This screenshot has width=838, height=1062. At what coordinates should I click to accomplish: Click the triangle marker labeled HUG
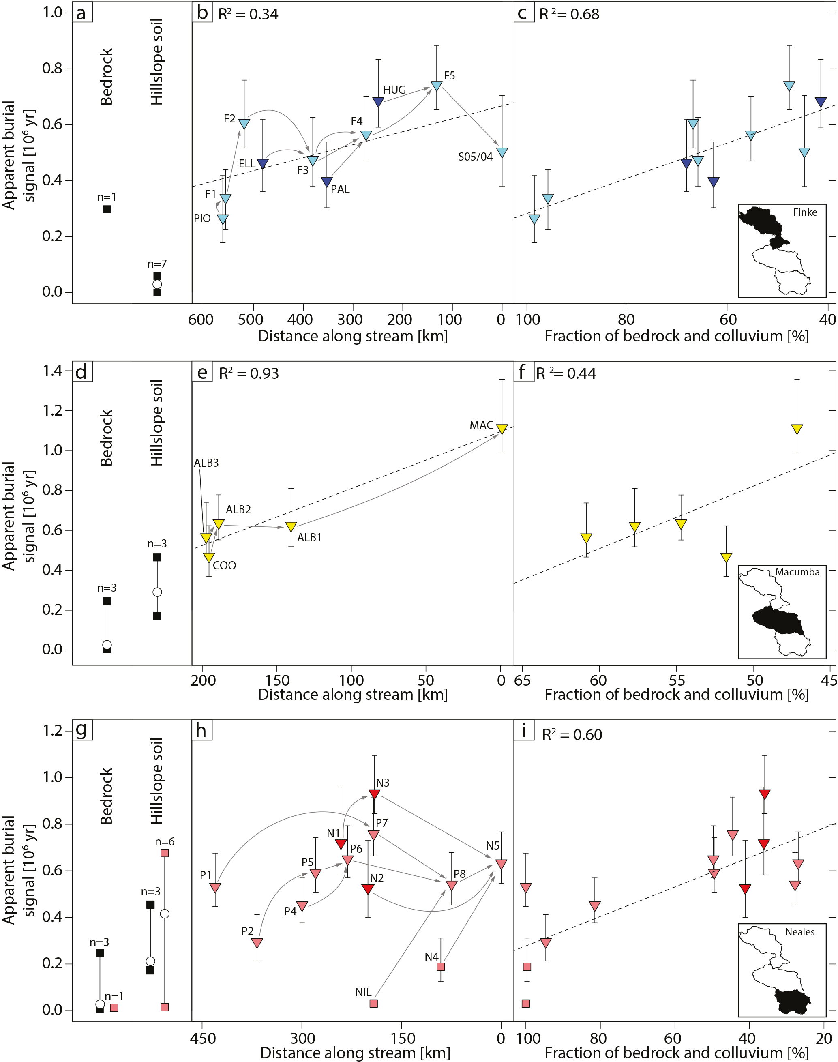click(x=378, y=102)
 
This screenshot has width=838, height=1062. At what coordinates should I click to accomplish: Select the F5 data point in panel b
click(x=436, y=86)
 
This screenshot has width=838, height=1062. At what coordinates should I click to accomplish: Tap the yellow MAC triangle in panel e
click(x=502, y=429)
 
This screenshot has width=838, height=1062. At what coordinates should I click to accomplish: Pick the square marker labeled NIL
click(x=373, y=1004)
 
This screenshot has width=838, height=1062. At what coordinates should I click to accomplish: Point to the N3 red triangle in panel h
click(x=374, y=794)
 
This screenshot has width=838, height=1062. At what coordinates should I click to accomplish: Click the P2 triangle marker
click(x=257, y=943)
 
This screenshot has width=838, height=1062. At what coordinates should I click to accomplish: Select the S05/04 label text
click(x=475, y=157)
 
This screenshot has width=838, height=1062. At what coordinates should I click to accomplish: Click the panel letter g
click(x=81, y=730)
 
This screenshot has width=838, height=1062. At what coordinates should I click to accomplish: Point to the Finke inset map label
click(x=805, y=212)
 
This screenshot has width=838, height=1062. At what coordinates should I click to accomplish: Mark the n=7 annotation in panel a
click(x=157, y=264)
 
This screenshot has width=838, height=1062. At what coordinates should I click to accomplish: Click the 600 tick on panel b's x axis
click(x=201, y=320)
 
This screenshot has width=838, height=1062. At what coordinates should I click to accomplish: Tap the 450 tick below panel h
click(x=203, y=1038)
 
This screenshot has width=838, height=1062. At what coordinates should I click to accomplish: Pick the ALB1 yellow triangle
click(x=291, y=527)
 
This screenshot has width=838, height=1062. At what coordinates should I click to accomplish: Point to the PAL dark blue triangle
click(x=327, y=182)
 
